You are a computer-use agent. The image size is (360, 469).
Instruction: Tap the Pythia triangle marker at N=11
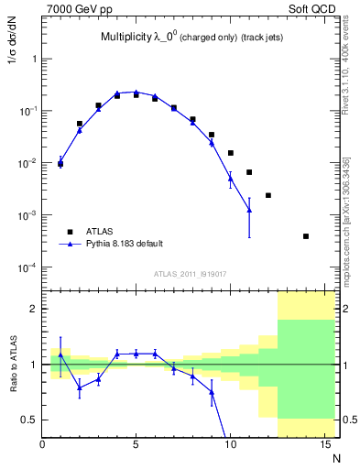click(x=249, y=211)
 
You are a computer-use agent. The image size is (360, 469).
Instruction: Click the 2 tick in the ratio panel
click(x=33, y=309)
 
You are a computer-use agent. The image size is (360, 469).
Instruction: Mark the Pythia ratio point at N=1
click(x=60, y=354)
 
